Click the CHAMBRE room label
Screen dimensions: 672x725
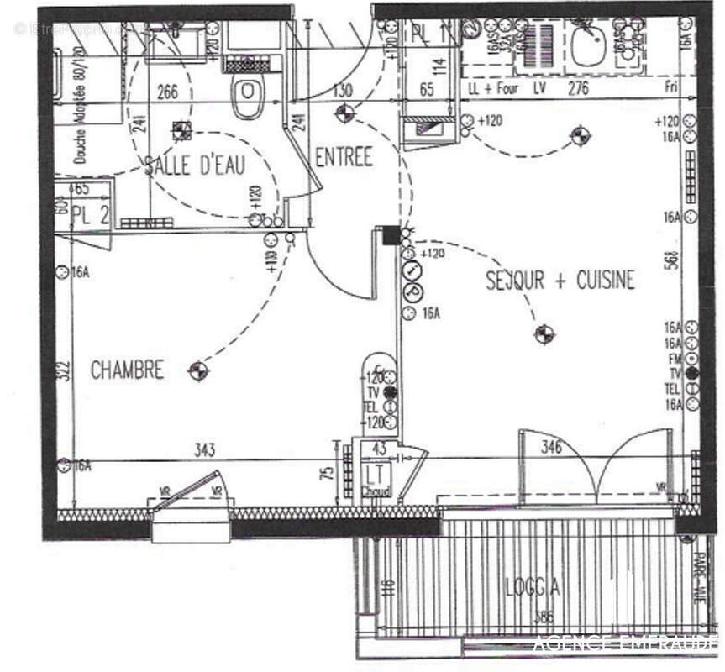(127, 370)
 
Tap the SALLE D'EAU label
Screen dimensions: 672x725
(194, 165)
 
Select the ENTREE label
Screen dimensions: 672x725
(344, 157)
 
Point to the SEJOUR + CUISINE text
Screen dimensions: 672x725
(560, 281)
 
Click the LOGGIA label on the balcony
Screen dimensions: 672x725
(533, 587)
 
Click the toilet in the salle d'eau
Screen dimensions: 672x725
(247, 97)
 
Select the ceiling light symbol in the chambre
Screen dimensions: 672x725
(198, 370)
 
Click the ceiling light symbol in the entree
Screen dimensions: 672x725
(343, 113)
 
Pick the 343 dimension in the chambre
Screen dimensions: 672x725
(205, 451)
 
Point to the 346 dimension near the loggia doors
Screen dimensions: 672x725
(551, 447)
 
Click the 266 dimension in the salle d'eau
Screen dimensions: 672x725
(168, 92)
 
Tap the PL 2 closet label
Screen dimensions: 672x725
(90, 213)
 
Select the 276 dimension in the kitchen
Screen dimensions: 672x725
(579, 87)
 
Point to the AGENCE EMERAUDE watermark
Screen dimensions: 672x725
(626, 644)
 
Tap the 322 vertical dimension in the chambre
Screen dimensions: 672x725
(61, 371)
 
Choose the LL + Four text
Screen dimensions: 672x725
(493, 87)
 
